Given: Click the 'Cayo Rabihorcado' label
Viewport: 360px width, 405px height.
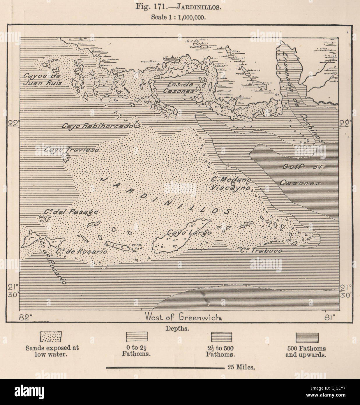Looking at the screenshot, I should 97,126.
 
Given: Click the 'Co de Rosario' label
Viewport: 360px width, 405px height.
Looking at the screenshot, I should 82,251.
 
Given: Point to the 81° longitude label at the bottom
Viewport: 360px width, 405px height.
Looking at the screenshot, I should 329,317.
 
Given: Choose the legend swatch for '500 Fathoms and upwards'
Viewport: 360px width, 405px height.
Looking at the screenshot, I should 307,337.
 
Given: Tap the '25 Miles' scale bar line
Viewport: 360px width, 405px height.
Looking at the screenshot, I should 165,367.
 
